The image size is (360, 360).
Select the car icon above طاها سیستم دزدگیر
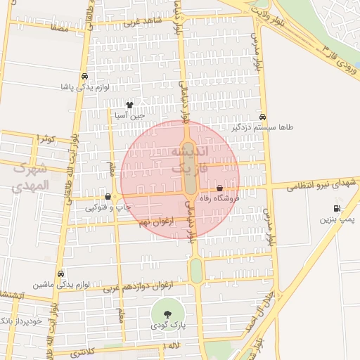tap(262, 117)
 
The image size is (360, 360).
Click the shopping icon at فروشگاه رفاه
tap(220, 188)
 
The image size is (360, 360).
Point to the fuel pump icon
tap(338, 208)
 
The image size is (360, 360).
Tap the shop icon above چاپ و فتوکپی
tap(108, 197)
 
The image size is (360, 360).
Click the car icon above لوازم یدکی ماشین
tap(60, 274)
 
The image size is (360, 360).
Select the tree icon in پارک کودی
tap(167, 314)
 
